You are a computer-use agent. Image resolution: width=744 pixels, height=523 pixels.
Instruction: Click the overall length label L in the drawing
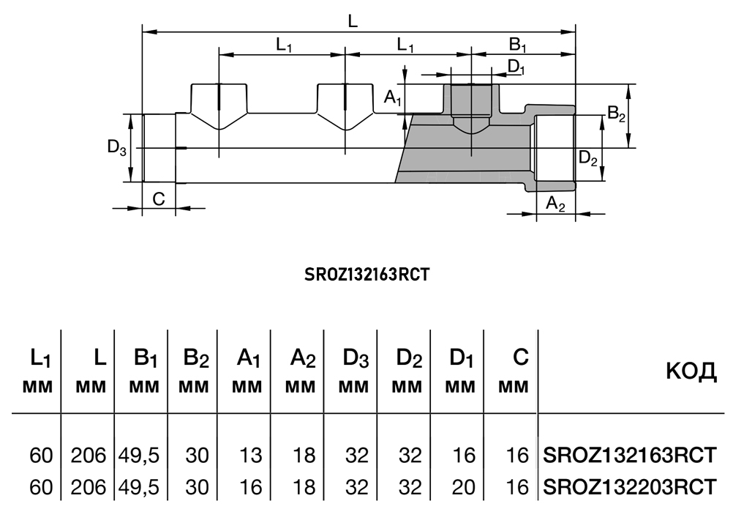(x=353, y=21)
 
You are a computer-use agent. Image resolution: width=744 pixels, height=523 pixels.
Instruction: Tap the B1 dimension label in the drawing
(x=519, y=45)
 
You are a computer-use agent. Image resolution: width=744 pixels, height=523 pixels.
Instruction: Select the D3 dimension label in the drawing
(x=117, y=147)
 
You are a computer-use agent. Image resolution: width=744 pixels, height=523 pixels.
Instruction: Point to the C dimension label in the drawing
(x=159, y=198)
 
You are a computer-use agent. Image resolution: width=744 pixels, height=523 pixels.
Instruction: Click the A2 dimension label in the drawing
(x=556, y=204)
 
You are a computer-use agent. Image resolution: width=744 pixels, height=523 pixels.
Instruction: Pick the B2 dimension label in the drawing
(x=617, y=114)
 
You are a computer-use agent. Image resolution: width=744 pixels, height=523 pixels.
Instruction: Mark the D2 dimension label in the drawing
(x=589, y=157)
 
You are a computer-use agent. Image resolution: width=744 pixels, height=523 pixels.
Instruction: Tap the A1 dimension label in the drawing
(x=393, y=97)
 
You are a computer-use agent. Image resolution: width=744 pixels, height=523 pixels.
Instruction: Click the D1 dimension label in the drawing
(x=516, y=67)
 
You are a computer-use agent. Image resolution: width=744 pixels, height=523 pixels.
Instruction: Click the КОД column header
(x=691, y=372)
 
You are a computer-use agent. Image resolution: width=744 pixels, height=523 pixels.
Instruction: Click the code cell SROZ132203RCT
(x=629, y=486)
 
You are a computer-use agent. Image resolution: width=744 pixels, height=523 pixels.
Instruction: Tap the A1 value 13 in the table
(x=250, y=456)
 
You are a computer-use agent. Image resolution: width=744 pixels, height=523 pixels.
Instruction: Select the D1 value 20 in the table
(x=463, y=486)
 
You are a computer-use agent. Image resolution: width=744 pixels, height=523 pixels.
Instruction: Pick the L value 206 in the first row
(x=89, y=456)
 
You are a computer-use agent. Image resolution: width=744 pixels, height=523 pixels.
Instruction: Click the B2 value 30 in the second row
(x=197, y=486)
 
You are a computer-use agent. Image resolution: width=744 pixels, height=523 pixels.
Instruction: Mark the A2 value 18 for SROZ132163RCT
(x=304, y=456)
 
